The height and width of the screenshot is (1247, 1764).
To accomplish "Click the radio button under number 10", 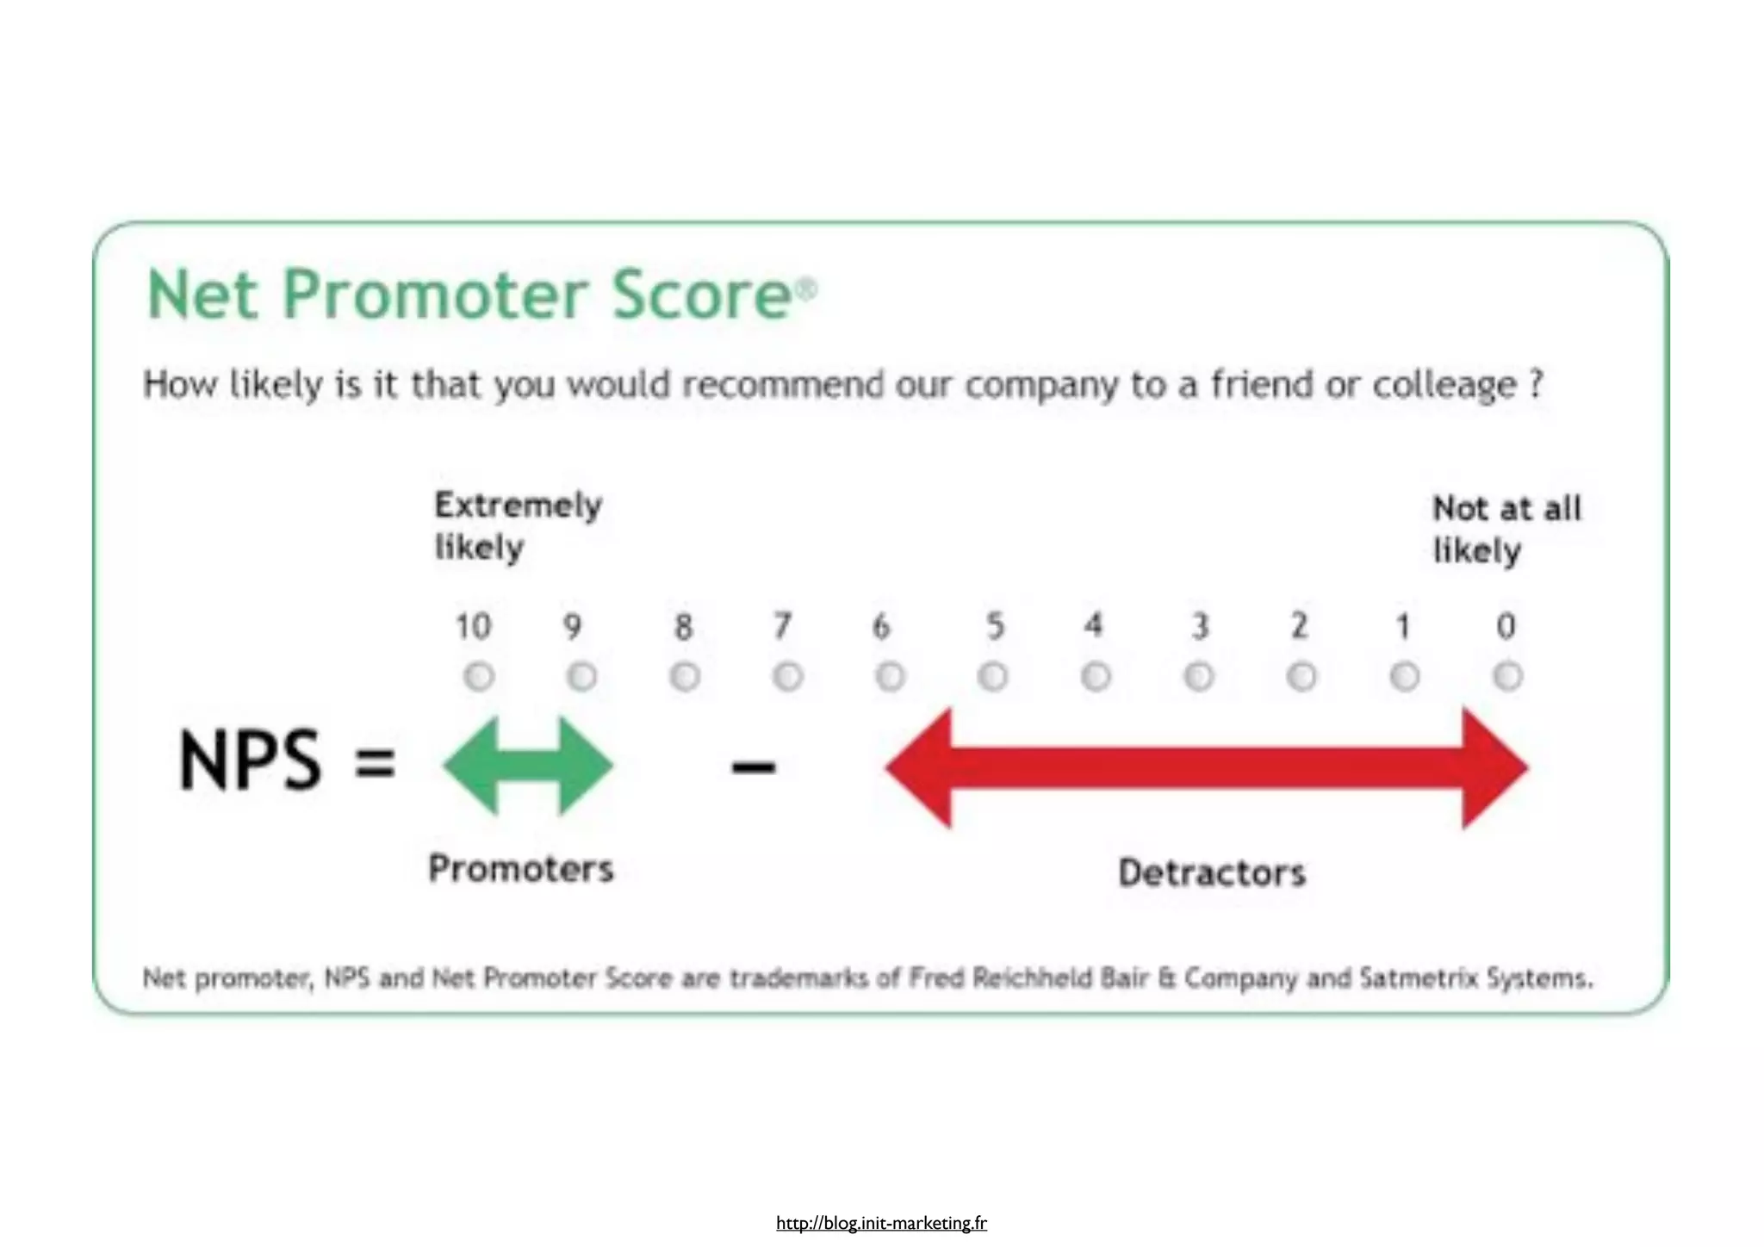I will click(x=479, y=676).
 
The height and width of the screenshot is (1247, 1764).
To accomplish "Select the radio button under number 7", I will click(x=787, y=676).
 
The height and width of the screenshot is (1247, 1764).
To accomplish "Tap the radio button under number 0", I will click(x=1507, y=676).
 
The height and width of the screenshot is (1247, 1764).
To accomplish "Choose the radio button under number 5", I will click(x=993, y=676).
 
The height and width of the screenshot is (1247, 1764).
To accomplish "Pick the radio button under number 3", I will click(x=1199, y=676).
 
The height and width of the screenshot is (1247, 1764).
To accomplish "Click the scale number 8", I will click(x=683, y=627).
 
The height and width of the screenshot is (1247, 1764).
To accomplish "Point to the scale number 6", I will click(x=880, y=627).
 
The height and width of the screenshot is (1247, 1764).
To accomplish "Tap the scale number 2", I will click(x=1300, y=626).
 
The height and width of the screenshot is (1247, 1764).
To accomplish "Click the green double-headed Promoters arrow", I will click(x=528, y=766).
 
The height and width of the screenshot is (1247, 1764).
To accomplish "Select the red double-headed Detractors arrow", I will click(x=1206, y=767).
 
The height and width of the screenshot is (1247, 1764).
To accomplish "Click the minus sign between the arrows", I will click(x=754, y=766).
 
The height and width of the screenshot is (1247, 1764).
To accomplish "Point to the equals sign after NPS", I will click(x=376, y=762).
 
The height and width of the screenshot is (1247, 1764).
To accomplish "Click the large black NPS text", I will click(x=250, y=760).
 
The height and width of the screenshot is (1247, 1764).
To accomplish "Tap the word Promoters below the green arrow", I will click(x=521, y=869).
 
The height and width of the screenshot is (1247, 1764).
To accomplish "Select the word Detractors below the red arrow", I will click(x=1212, y=873).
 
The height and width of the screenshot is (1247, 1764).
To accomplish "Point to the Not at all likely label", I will click(x=1506, y=529).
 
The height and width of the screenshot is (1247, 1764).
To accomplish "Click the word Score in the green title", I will click(x=701, y=295).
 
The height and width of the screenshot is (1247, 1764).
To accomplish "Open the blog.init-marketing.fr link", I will click(x=881, y=1223).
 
